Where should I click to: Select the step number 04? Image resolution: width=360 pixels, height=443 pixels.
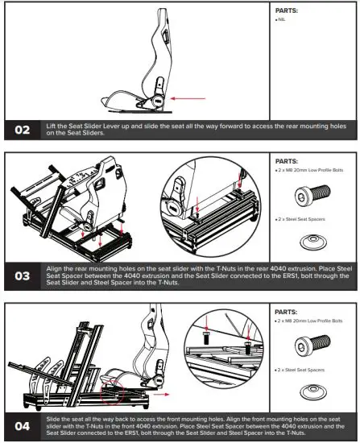coord(22,424)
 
